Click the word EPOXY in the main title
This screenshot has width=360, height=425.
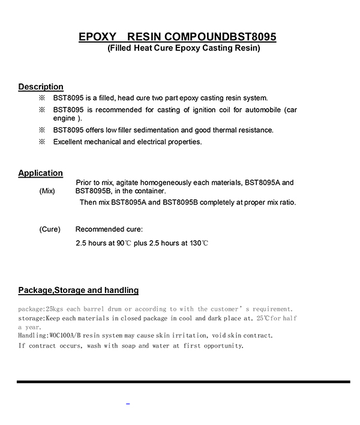tap(97, 37)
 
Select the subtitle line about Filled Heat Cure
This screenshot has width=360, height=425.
tap(184, 49)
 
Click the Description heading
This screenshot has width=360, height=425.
tap(41, 87)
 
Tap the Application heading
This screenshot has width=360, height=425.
tap(40, 173)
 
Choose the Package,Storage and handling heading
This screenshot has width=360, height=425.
tap(79, 291)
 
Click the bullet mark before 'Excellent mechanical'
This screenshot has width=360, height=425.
tap(42, 142)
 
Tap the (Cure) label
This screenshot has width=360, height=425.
tap(50, 230)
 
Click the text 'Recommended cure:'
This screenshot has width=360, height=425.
tap(109, 230)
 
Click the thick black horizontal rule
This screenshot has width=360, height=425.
tap(183, 381)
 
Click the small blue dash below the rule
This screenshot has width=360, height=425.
tap(128, 403)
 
